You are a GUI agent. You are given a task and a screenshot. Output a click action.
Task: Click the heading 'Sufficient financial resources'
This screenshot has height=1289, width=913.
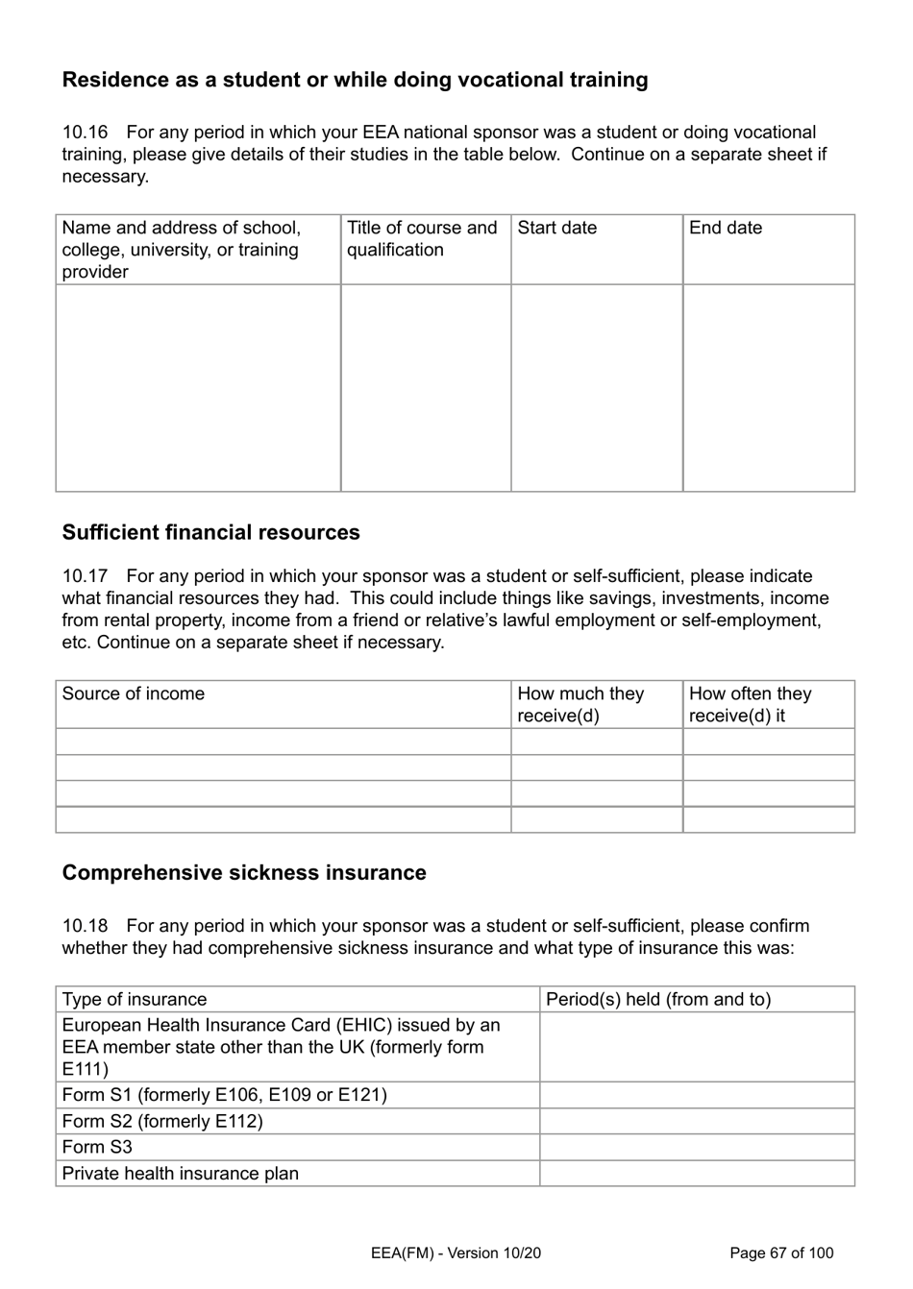[x=210, y=532]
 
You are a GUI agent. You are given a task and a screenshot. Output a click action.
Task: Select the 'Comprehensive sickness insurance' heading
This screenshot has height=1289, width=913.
[x=244, y=872]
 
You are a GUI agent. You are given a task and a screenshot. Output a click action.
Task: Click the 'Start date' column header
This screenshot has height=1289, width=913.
[x=556, y=228]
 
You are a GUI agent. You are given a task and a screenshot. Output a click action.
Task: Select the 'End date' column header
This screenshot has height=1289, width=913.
[x=726, y=228]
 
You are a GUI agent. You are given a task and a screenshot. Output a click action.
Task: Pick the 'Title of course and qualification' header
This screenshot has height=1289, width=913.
[x=422, y=239]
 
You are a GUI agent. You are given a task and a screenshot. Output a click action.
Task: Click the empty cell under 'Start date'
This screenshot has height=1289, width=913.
[x=596, y=387]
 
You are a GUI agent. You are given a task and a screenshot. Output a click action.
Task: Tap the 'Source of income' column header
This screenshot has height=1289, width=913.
[x=134, y=693]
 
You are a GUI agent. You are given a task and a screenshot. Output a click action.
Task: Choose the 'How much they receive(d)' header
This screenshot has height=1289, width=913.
[x=580, y=704]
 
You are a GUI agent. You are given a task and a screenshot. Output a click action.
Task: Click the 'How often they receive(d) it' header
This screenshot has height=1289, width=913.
[x=750, y=704]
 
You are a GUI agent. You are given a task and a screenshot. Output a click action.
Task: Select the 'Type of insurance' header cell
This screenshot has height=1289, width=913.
[x=135, y=999]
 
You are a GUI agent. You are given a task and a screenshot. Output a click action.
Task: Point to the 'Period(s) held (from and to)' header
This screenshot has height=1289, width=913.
[x=658, y=999]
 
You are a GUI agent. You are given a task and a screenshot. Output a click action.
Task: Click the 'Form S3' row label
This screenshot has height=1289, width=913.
[x=97, y=1147]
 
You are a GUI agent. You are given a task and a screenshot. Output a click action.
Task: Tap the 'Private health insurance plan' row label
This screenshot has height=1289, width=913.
[x=181, y=1173]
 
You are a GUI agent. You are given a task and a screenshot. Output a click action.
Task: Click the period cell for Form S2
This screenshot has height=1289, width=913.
[x=696, y=1121]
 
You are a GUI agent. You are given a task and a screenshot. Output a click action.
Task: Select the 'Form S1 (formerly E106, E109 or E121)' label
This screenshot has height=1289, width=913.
[x=224, y=1095]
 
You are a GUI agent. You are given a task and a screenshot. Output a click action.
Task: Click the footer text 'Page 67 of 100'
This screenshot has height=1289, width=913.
[x=781, y=1253]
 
